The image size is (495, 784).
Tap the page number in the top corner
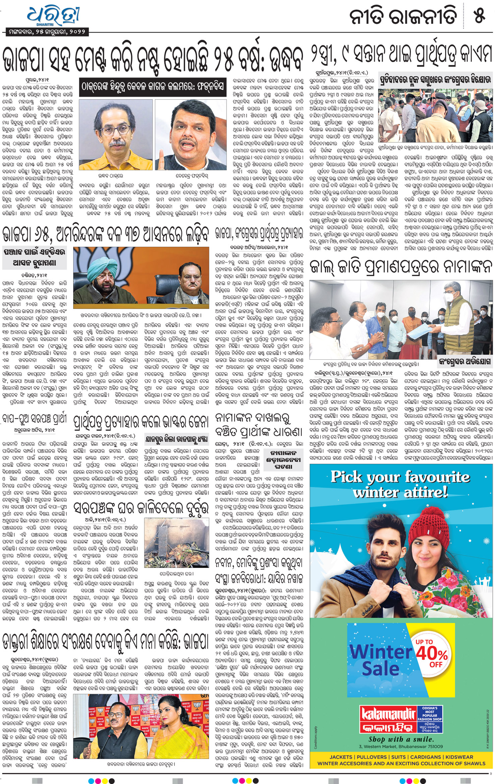coord(480,16)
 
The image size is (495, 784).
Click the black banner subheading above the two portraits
coord(152,87)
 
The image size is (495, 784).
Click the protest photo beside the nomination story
coord(435,114)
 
